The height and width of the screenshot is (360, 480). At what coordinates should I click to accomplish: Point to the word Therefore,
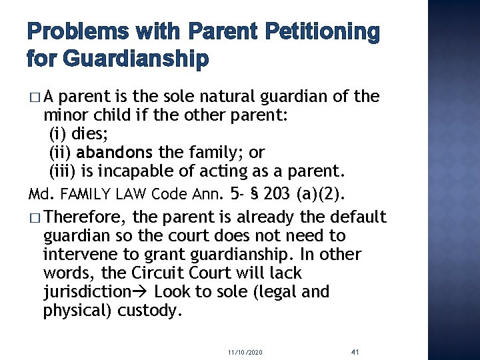point(83,217)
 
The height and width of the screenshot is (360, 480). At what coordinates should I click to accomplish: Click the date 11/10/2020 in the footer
point(245,351)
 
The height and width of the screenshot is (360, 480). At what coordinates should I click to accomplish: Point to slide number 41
point(355,351)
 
